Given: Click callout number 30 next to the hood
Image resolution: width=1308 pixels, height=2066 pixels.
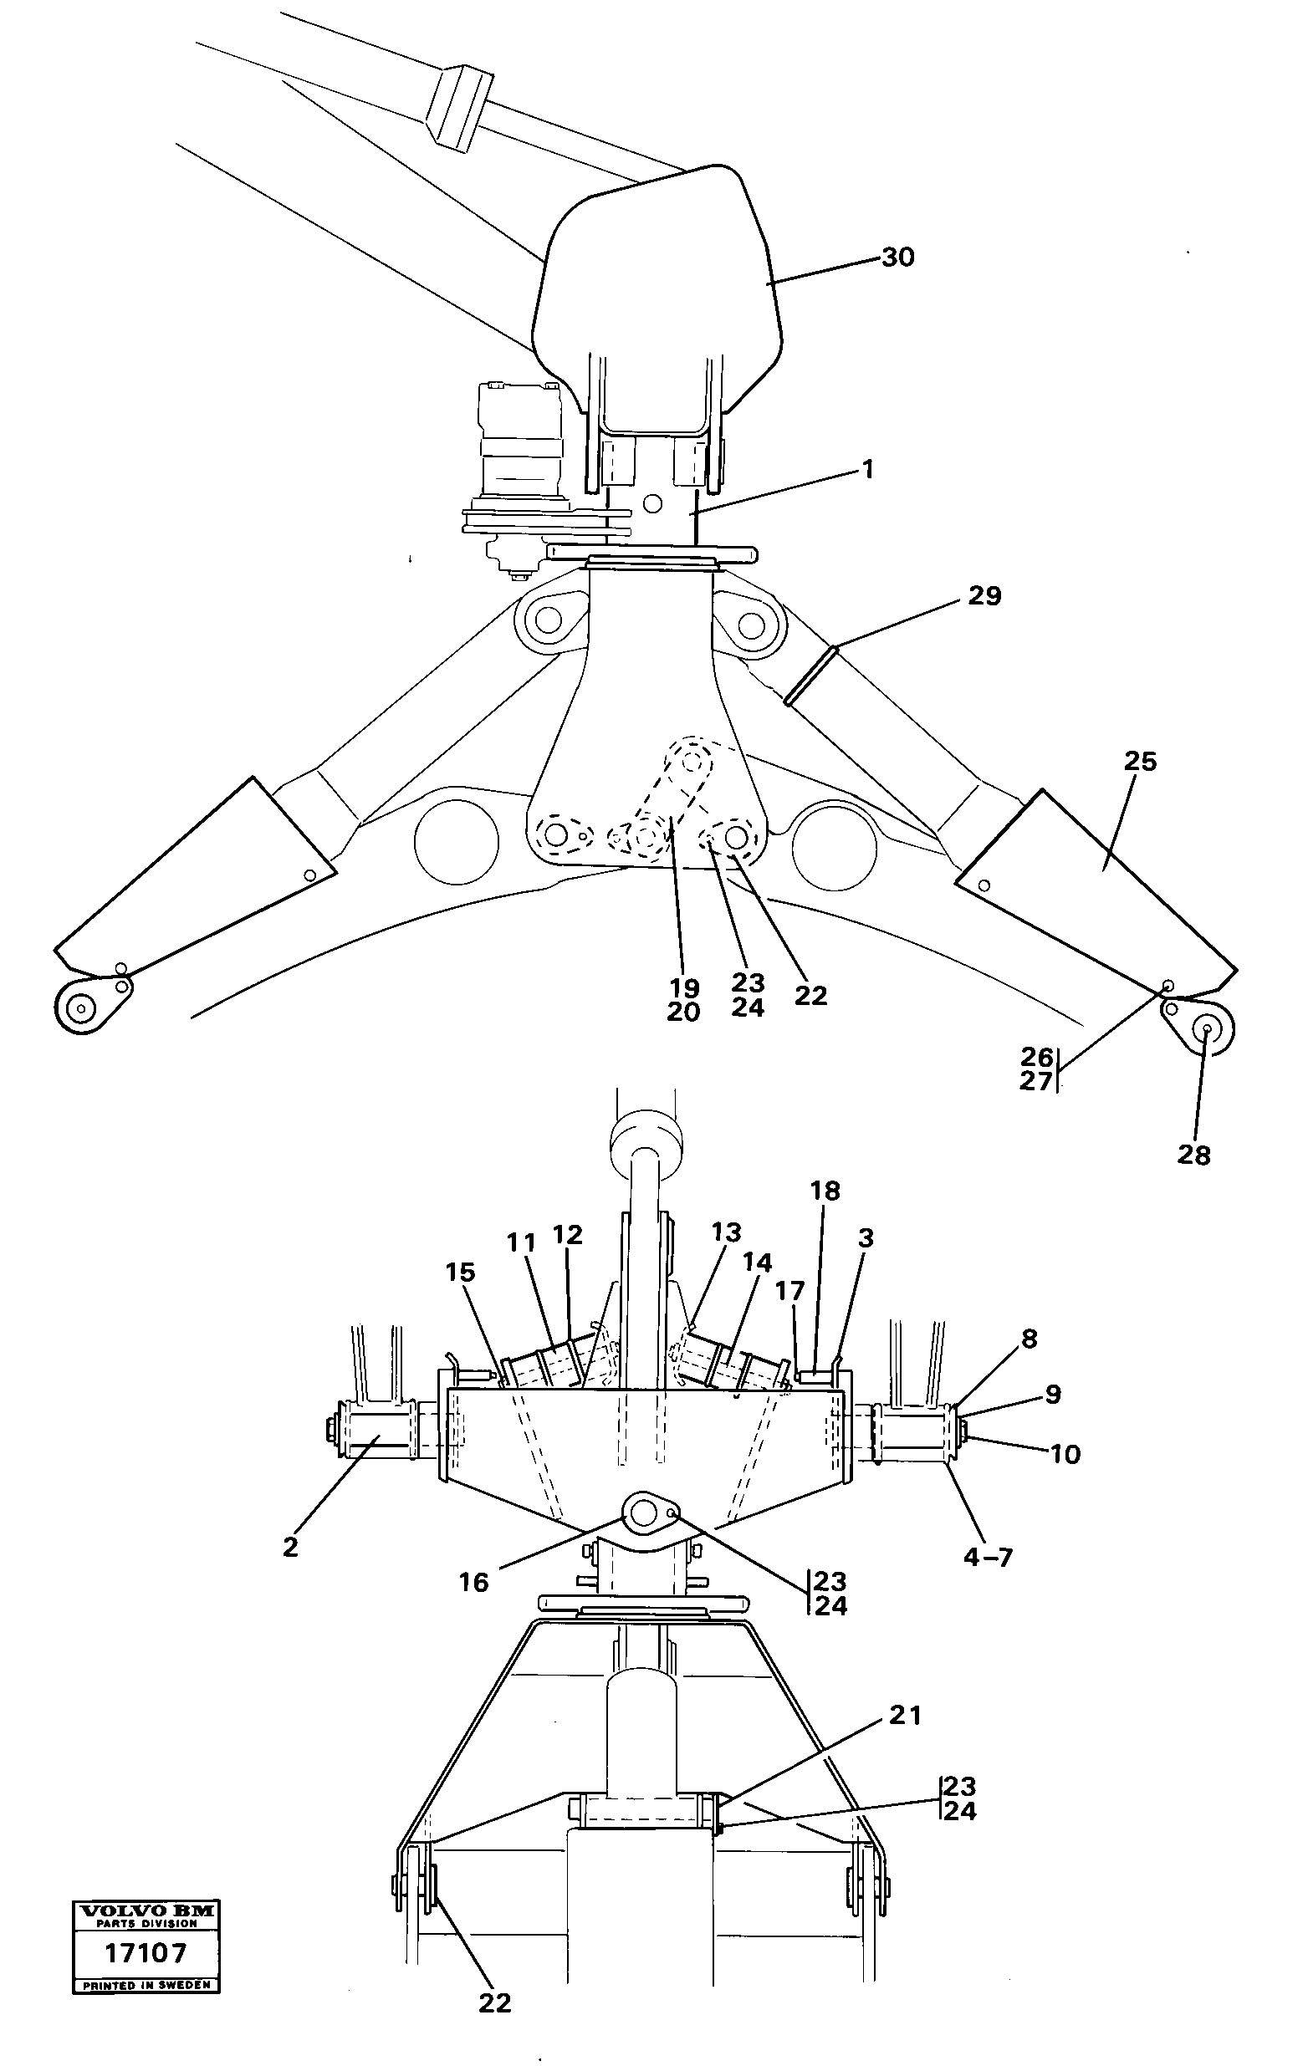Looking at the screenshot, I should click(897, 257).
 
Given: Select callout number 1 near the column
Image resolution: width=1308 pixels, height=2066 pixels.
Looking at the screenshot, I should click(868, 469).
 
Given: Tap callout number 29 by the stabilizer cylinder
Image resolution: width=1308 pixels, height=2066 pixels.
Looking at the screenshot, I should click(984, 595).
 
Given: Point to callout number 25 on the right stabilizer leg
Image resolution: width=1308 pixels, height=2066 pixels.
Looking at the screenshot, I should click(1140, 761).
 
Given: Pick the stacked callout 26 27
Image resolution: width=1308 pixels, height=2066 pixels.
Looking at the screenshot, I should click(1036, 1069).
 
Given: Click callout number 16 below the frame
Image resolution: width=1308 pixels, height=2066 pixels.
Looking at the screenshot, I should click(473, 1582).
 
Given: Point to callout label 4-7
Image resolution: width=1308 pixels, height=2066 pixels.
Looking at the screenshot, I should click(988, 1556).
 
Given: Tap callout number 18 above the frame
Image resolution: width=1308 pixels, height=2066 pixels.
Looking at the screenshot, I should click(825, 1190).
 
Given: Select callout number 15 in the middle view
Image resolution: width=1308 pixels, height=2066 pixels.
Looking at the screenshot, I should click(460, 1273).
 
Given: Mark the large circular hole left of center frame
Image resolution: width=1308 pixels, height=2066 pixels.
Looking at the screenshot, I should click(456, 842).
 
